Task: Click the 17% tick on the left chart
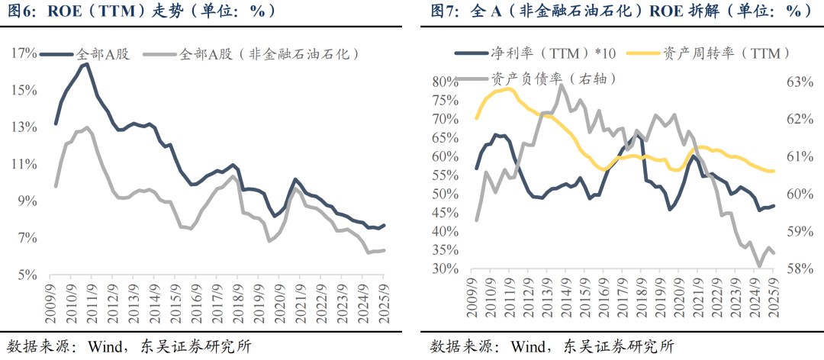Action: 24,53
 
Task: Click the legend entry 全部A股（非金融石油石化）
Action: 266,54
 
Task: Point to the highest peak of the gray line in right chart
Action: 562,85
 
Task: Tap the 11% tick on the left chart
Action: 24,164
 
